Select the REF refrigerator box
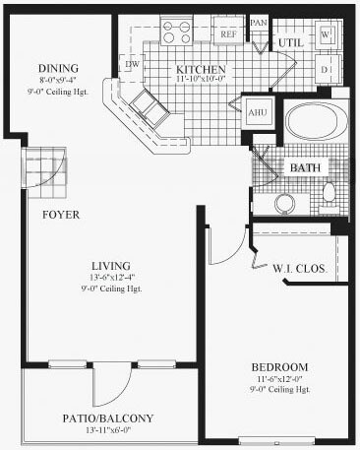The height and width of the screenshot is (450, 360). point(229,33)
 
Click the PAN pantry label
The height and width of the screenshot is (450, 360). point(259,23)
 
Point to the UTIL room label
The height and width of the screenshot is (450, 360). point(289,44)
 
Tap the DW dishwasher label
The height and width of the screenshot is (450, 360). point(132,64)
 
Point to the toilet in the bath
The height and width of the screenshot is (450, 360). point(330,191)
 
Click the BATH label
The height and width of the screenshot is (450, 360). point(305,167)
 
